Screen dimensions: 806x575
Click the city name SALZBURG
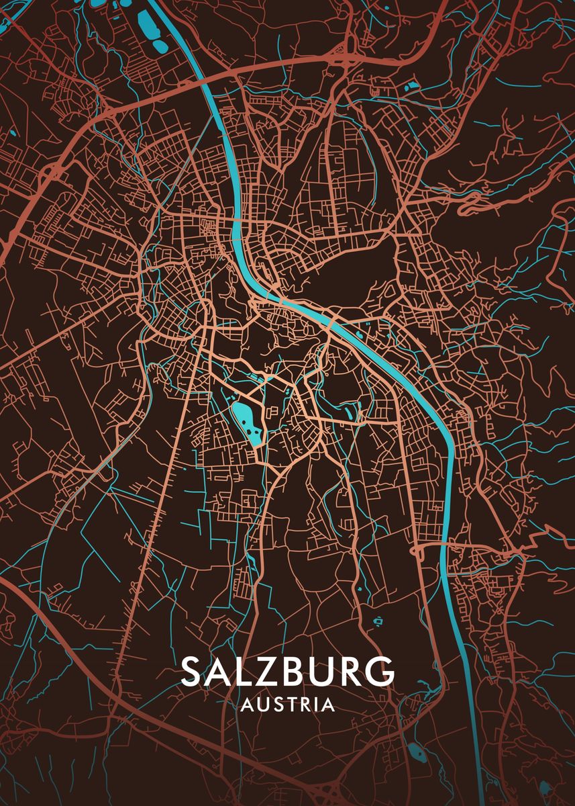pos(287,671)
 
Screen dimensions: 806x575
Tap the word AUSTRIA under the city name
pos(287,705)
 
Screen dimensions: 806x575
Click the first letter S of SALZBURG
pos(193,671)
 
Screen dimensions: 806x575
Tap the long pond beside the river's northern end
pos(146,20)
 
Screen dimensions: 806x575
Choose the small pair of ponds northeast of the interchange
pos(411,86)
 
